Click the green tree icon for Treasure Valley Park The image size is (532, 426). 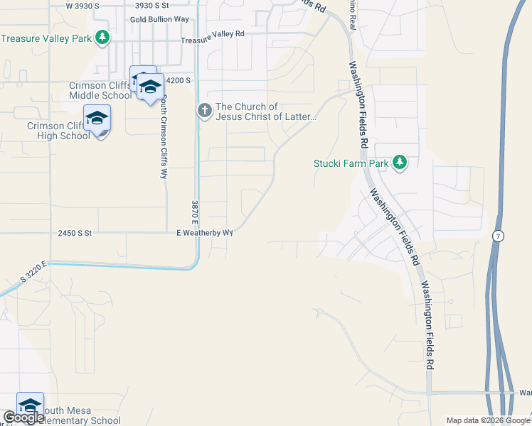pyautogui.click(x=103, y=37)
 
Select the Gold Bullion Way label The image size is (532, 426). pyautogui.click(x=160, y=19)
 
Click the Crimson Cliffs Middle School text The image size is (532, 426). pyautogui.click(x=99, y=90)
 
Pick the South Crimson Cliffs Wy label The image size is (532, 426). pyautogui.click(x=164, y=136)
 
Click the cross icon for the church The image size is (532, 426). pyautogui.click(x=205, y=110)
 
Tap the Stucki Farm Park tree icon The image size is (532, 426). pyautogui.click(x=400, y=163)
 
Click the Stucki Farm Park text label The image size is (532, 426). pyautogui.click(x=351, y=163)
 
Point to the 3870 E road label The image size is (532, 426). pyautogui.click(x=194, y=213)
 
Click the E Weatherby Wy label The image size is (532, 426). pyautogui.click(x=205, y=233)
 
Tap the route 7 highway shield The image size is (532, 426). pyautogui.click(x=500, y=235)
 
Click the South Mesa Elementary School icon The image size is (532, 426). pyautogui.click(x=30, y=405)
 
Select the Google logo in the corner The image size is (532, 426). pyautogui.click(x=23, y=417)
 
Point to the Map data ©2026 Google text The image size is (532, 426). pyautogui.click(x=487, y=420)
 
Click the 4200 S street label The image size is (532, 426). pyautogui.click(x=178, y=81)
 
